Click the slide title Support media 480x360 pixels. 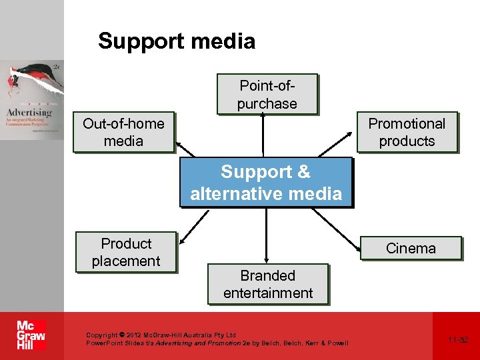pyautogui.click(x=177, y=41)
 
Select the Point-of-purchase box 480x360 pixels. pyautogui.click(x=267, y=95)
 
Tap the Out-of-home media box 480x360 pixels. pyautogui.click(x=123, y=132)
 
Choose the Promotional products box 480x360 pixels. pyautogui.click(x=407, y=132)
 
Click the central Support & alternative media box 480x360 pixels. pyautogui.click(x=266, y=183)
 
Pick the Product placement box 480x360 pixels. pyautogui.click(x=126, y=252)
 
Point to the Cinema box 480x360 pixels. pyautogui.click(x=411, y=248)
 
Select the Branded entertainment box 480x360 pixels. pyautogui.click(x=267, y=284)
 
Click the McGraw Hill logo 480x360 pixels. pyautogui.click(x=31, y=335)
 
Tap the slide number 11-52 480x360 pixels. pyautogui.click(x=458, y=339)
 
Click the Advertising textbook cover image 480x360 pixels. pyautogui.click(x=32, y=100)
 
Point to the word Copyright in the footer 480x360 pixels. pyautogui.click(x=101, y=335)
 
